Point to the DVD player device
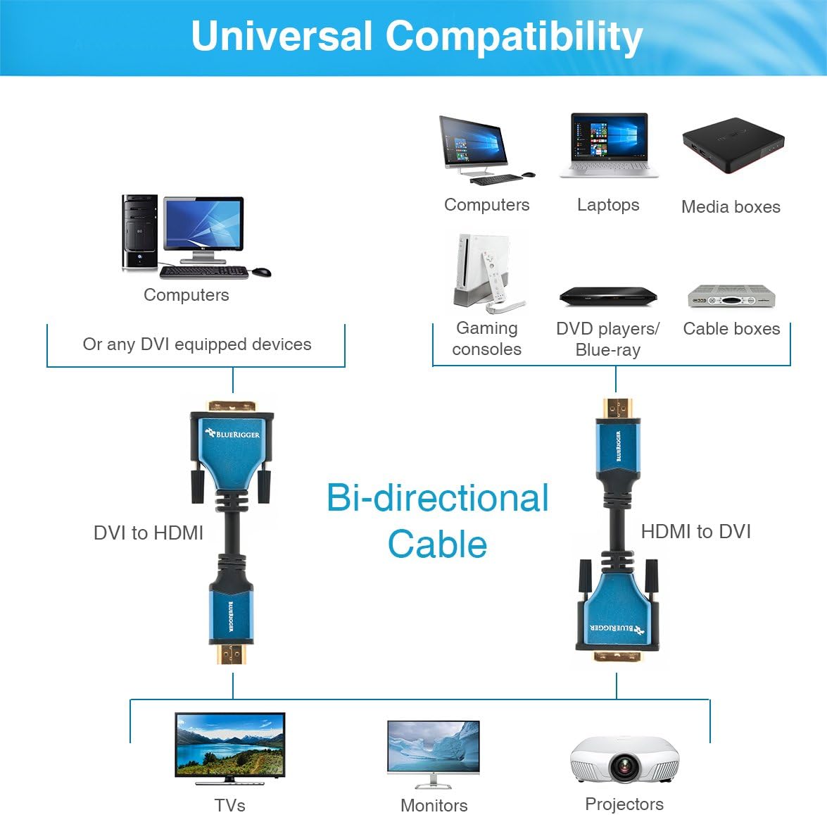click(x=608, y=297)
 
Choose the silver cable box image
click(x=731, y=297)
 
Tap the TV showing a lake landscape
click(x=229, y=746)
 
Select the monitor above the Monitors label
click(x=434, y=751)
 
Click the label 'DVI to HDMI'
click(x=149, y=533)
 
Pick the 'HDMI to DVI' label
click(x=695, y=531)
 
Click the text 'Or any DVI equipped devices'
click(x=197, y=344)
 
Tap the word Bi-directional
click(x=438, y=498)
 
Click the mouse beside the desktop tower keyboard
click(x=261, y=272)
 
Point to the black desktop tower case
click(x=140, y=232)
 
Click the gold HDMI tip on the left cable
click(x=232, y=654)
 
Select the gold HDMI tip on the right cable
click(x=617, y=407)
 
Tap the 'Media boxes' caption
click(x=731, y=207)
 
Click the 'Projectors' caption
click(x=624, y=804)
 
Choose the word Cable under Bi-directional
click(x=437, y=545)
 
